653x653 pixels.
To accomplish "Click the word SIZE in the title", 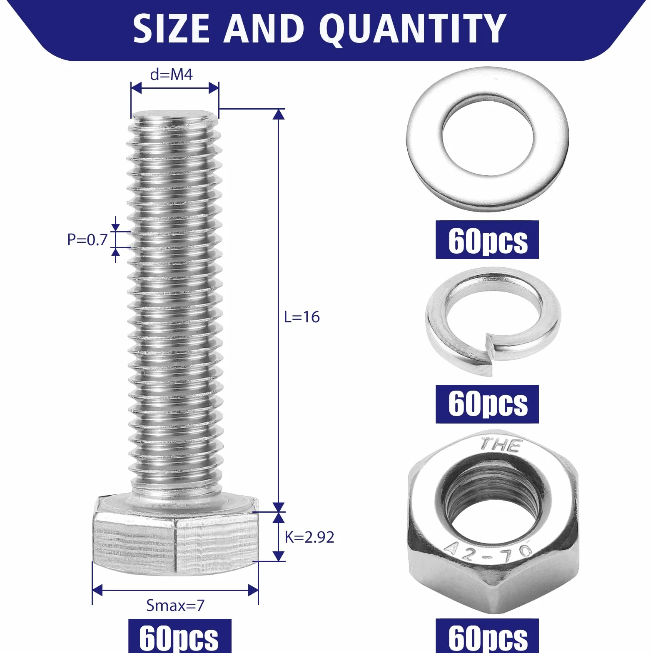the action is [x=171, y=28].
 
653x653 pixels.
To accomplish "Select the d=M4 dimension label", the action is [x=171, y=75].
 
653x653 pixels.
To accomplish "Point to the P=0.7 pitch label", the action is [x=87, y=239].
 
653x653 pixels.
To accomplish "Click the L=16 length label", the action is [x=302, y=317].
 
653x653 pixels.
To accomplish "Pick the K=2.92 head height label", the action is [x=309, y=537].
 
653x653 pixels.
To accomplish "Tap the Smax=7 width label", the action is [x=175, y=606].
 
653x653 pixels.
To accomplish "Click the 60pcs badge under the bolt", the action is [x=179, y=636].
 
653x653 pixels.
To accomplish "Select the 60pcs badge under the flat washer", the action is [x=487, y=240].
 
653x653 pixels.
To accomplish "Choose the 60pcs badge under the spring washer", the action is [x=487, y=404].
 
